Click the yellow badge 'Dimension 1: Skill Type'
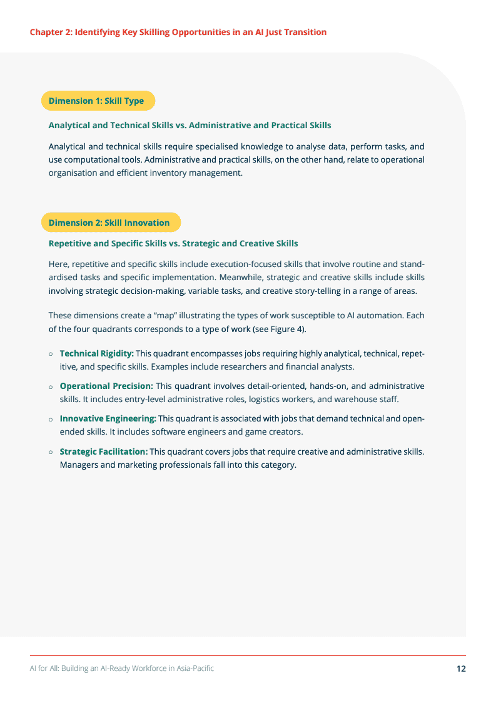tap(96, 101)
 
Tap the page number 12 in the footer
tap(461, 668)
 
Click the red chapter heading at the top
tap(178, 32)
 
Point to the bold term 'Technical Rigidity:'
tap(97, 354)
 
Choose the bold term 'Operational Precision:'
tap(106, 386)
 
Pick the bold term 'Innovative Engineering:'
tap(108, 418)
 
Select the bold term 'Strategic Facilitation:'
tap(104, 451)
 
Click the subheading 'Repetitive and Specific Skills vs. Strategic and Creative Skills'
tap(173, 243)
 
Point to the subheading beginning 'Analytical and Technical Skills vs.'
tap(190, 125)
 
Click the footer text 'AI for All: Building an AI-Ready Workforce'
tap(122, 668)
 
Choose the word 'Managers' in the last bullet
tap(79, 465)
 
